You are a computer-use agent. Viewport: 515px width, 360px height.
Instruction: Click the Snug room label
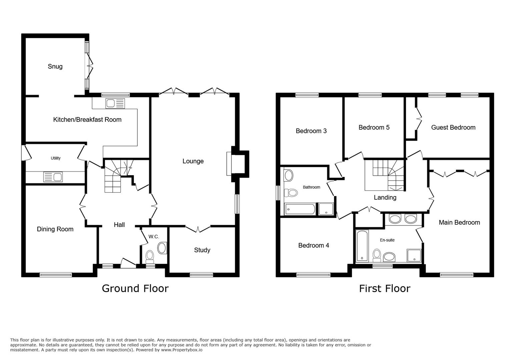55,66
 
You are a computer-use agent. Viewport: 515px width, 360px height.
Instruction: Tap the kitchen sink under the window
115,103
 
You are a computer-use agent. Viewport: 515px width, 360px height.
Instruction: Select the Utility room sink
53,177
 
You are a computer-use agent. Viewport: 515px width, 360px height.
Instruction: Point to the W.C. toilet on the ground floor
149,256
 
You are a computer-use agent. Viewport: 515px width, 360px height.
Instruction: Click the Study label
202,250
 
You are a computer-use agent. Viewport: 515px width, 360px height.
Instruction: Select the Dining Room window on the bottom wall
56,275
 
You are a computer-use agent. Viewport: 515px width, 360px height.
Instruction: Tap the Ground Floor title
135,288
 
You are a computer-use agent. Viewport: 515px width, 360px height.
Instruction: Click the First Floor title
385,288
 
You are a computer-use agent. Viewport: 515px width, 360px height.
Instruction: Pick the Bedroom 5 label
374,127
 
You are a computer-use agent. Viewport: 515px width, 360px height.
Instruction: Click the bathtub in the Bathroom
300,209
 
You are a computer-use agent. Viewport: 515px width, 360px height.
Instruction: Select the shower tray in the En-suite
414,255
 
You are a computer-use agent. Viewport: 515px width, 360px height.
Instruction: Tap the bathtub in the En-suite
362,245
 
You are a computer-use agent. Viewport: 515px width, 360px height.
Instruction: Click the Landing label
385,197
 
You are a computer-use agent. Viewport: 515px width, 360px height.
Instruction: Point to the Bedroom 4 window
314,275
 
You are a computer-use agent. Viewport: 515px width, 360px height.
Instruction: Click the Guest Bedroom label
453,127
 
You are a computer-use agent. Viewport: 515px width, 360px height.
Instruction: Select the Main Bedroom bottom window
456,275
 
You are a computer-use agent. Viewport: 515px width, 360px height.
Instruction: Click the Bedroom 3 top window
307,95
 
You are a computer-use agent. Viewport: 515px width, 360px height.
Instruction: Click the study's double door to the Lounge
198,229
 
